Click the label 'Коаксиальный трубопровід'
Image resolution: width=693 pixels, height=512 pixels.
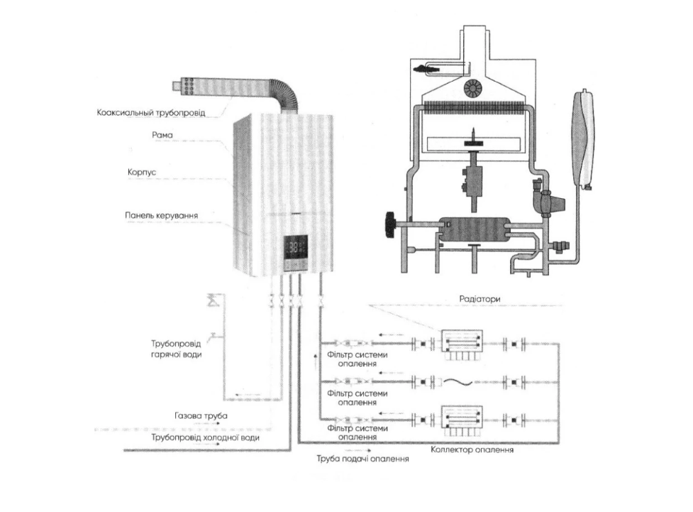(x=151, y=112)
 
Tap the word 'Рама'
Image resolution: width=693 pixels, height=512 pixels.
(x=162, y=134)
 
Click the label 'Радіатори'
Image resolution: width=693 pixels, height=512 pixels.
(x=480, y=299)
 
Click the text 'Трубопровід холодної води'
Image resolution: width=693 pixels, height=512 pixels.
(x=205, y=438)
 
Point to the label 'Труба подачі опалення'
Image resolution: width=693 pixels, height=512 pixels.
(x=364, y=459)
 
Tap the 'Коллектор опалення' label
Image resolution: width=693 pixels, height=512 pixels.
(x=472, y=450)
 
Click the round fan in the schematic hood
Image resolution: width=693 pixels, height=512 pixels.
(x=472, y=87)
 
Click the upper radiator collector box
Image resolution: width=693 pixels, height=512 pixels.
(x=462, y=343)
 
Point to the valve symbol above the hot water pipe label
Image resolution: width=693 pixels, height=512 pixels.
(x=211, y=300)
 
